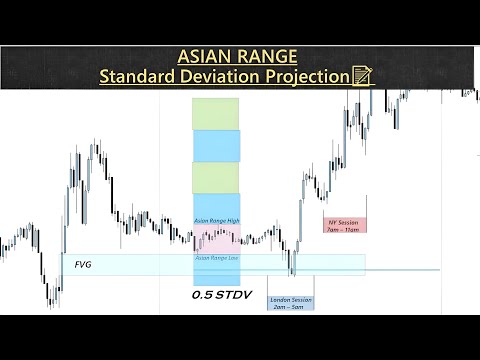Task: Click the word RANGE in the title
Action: [x=268, y=56]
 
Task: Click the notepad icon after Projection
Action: [x=363, y=76]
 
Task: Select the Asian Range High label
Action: [x=215, y=220]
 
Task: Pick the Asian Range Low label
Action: [x=215, y=257]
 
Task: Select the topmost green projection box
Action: [x=216, y=113]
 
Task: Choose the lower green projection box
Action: [x=216, y=177]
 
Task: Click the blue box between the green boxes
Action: [x=216, y=145]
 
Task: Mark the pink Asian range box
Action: [x=216, y=238]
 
